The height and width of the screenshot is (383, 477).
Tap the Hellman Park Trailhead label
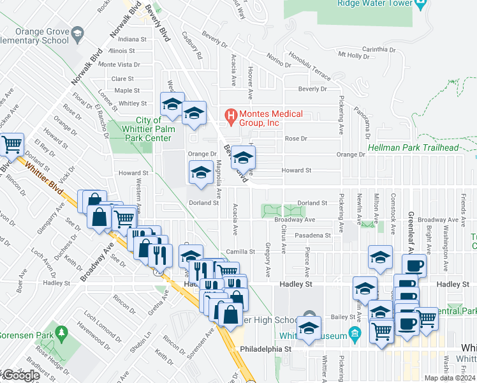[x=413, y=147]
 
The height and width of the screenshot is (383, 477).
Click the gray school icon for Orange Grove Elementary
[x=77, y=33]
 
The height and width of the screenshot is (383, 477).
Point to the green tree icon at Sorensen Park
[x=62, y=333]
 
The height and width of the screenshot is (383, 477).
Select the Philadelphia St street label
[x=265, y=349]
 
